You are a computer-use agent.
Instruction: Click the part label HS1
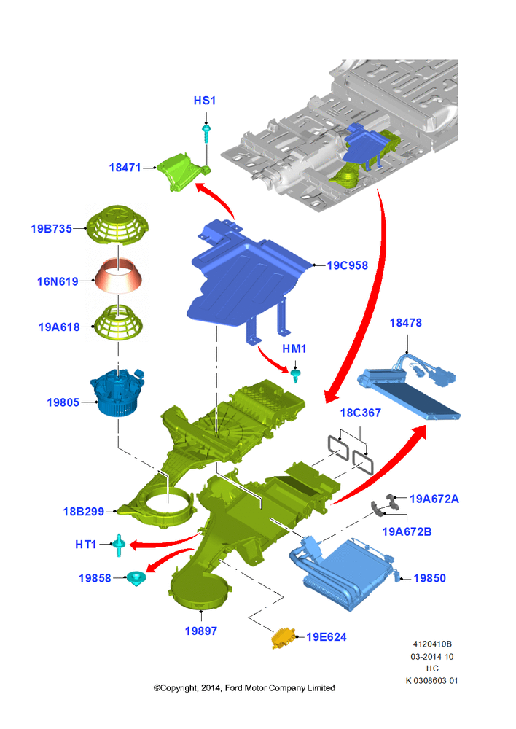click(205, 101)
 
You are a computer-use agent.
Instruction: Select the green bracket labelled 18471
click(182, 172)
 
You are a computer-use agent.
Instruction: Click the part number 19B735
click(51, 229)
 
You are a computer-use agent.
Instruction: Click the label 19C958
click(347, 265)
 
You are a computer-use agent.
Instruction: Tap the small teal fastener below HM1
click(294, 375)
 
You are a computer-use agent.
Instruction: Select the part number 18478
click(405, 323)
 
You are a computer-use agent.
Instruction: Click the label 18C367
click(360, 413)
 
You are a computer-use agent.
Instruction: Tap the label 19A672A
click(434, 499)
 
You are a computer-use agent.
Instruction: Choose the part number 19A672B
click(407, 531)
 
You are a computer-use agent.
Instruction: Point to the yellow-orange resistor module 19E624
click(284, 638)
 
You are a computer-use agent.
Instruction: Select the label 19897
click(201, 631)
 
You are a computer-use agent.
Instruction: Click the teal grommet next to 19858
click(136, 578)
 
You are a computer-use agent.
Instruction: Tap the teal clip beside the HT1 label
click(120, 545)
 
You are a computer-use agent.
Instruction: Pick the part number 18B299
click(84, 512)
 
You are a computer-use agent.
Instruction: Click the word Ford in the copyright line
click(234, 687)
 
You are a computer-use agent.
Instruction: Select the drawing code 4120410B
click(432, 644)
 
